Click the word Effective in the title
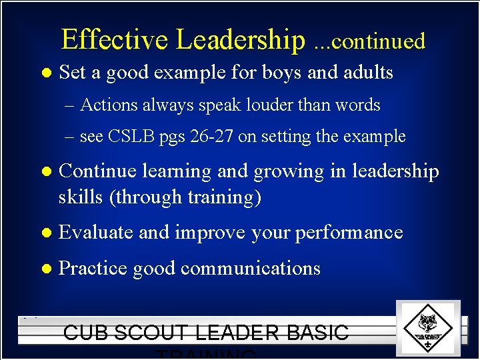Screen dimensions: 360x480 [x=115, y=40]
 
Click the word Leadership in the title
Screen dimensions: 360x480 [x=240, y=40]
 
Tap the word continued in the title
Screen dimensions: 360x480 [x=377, y=42]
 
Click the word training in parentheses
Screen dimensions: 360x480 [x=223, y=197]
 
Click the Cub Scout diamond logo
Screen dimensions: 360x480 [x=427, y=327]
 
